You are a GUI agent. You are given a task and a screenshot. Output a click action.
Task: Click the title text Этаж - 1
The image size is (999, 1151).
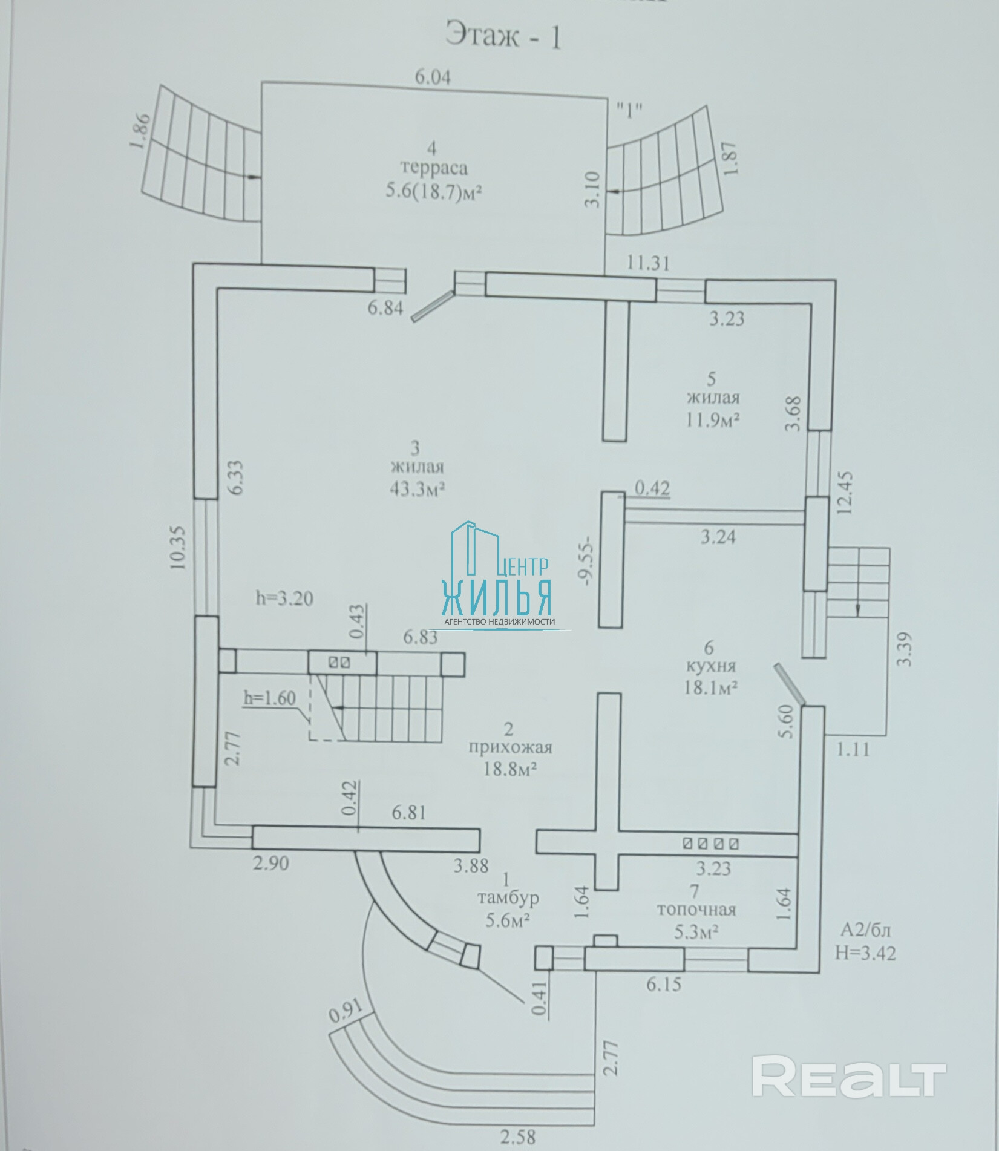coord(503,36)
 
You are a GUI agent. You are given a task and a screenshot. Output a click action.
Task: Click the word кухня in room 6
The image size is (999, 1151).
coord(711,666)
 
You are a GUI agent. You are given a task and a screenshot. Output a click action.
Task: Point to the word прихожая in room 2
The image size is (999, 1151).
coord(510,747)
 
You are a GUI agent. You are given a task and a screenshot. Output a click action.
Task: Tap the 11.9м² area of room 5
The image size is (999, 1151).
coord(714,420)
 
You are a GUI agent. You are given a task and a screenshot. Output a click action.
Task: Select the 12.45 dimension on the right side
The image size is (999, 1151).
coord(845,492)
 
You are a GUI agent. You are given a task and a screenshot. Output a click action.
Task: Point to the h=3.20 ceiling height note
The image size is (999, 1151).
coord(284,598)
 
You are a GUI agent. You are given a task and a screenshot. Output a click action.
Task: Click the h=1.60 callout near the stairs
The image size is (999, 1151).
coord(270,698)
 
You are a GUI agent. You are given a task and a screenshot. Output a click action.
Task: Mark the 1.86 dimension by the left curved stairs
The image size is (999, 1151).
coord(141,130)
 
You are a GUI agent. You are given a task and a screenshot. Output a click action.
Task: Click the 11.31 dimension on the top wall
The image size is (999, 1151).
coord(649,263)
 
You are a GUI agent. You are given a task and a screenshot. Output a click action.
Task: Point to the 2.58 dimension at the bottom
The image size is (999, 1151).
coord(517,1138)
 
